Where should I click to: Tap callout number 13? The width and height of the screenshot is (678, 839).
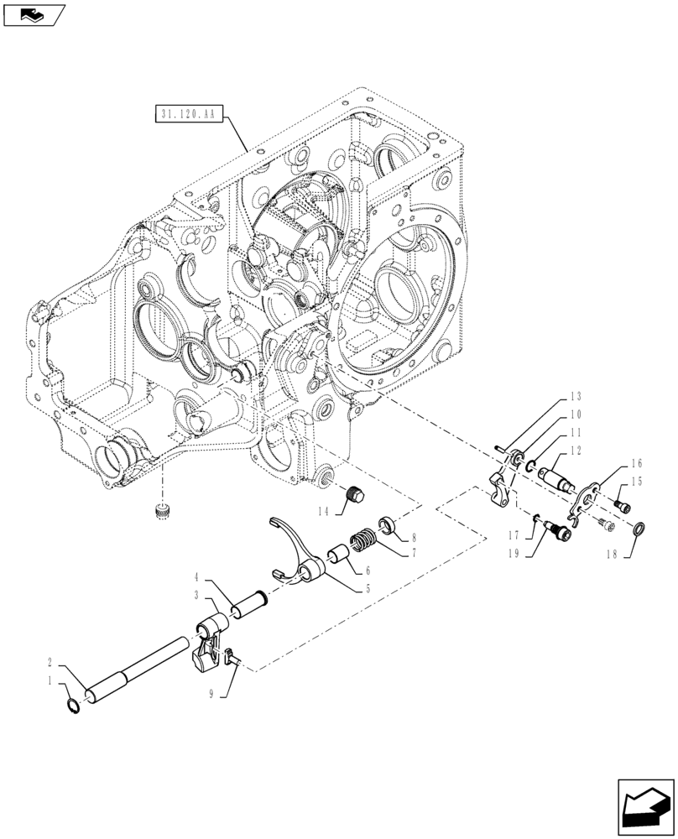tap(575, 397)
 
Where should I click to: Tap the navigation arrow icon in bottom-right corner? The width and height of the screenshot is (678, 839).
tap(645, 803)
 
